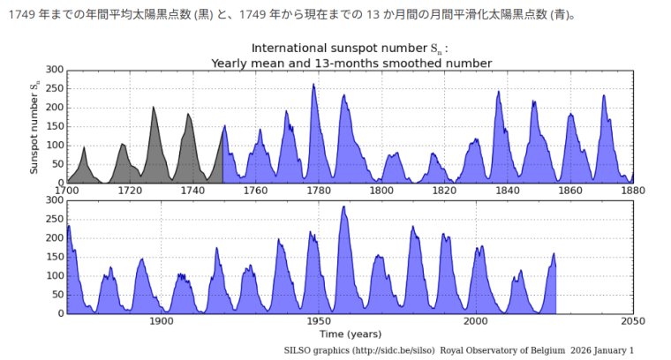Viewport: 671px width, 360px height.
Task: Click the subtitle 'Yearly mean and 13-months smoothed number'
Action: click(351, 63)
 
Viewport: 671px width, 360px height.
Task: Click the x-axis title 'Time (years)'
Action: click(351, 334)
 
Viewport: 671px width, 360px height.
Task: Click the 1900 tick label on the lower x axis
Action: click(161, 321)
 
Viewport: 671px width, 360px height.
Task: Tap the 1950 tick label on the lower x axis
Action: click(319, 321)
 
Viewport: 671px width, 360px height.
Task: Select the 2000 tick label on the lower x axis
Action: click(476, 321)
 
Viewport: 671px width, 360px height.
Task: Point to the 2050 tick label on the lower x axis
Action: click(633, 321)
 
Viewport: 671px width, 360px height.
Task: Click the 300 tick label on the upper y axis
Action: click(54, 70)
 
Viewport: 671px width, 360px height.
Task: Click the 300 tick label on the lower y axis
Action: click(54, 200)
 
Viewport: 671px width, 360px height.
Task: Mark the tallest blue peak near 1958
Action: click(343, 207)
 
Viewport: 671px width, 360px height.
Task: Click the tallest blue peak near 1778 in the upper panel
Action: click(313, 85)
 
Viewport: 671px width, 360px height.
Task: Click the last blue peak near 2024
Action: click(554, 254)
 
